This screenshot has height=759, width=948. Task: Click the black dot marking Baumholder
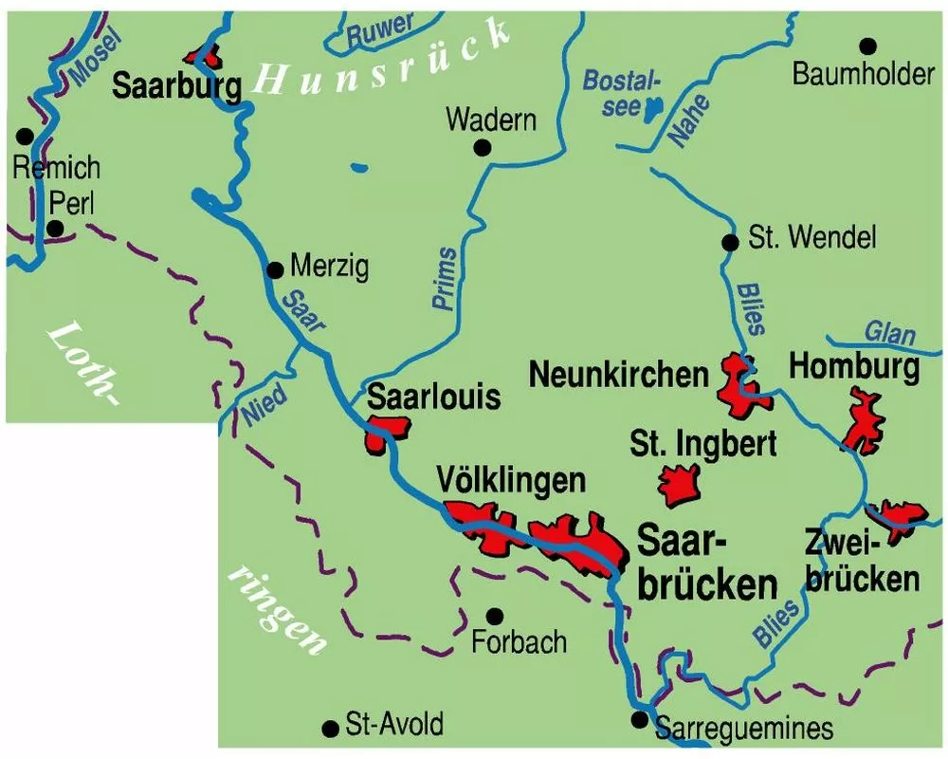[x=867, y=46]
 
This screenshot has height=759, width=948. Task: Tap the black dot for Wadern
[x=483, y=147]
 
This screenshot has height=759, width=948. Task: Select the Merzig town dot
[x=275, y=268]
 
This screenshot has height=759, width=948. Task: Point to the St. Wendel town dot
[x=730, y=242]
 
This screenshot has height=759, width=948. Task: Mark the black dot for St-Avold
[x=331, y=728]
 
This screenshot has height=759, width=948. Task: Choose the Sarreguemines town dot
[x=640, y=719]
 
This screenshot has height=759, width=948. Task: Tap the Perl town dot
[x=56, y=228]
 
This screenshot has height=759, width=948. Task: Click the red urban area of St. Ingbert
[x=681, y=486]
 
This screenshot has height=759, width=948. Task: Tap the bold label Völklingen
[x=512, y=480]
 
